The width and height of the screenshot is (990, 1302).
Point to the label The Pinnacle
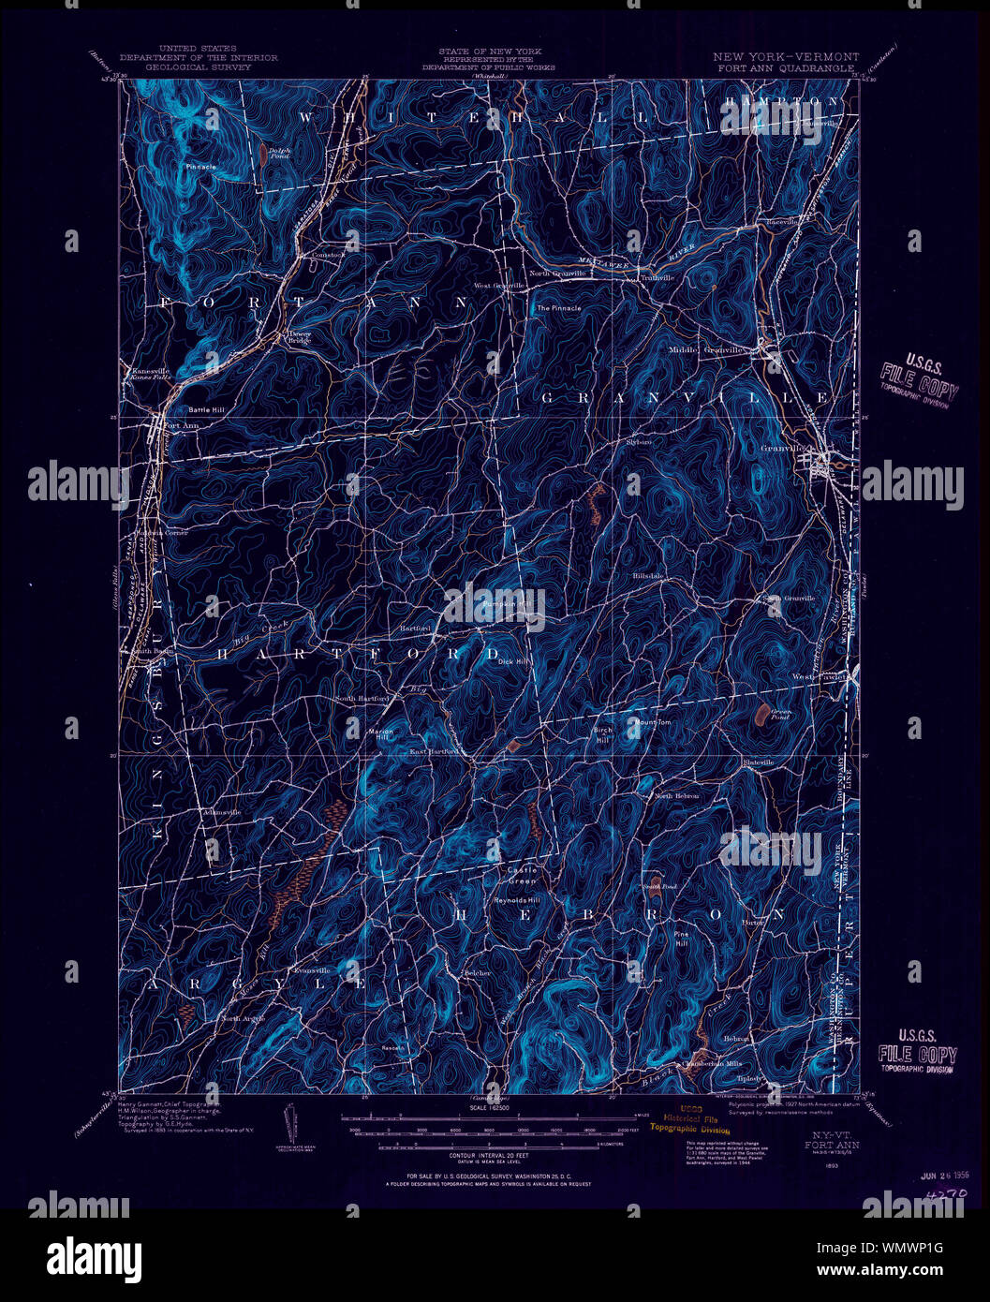[558, 307]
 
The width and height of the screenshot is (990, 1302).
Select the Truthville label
[658, 277]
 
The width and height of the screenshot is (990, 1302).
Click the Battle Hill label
[206, 409]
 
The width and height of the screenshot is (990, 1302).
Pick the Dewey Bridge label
[299, 336]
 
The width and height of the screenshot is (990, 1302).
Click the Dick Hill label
[514, 661]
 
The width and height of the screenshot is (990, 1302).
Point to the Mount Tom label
[653, 722]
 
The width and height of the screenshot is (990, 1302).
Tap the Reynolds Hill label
[518, 899]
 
